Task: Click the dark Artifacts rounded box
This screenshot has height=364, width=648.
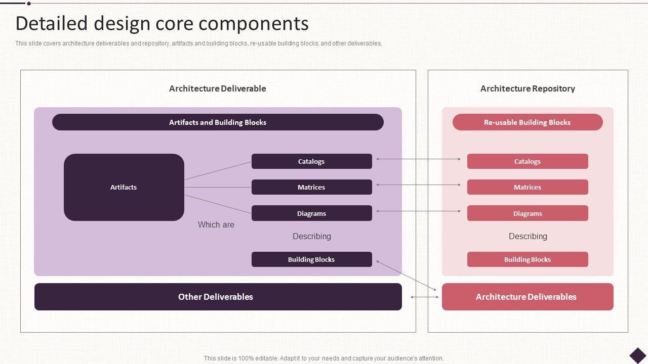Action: (x=124, y=187)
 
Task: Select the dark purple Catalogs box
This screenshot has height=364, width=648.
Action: (x=311, y=161)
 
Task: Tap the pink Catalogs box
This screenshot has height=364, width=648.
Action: (x=527, y=161)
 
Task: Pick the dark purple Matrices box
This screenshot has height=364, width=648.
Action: (x=311, y=187)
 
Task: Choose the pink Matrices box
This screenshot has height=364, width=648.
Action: (x=527, y=187)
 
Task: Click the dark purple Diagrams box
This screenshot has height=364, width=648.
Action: (x=311, y=213)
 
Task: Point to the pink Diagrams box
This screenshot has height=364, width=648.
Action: (x=527, y=213)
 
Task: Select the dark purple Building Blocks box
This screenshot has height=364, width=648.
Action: (x=311, y=259)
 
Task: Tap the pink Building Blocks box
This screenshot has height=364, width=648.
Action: (x=527, y=259)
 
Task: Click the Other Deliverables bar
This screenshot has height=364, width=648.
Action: (x=218, y=297)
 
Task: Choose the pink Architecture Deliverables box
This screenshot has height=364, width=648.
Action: (x=527, y=297)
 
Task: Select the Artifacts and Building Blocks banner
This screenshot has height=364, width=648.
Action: (x=218, y=122)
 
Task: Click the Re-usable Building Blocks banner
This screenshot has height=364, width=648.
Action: (x=527, y=122)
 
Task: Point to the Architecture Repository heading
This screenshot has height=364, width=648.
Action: (x=528, y=88)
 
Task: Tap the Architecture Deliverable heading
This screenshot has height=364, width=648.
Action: (x=218, y=88)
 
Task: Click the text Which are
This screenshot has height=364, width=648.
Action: (x=216, y=224)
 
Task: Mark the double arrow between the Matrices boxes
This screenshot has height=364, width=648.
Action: (x=419, y=185)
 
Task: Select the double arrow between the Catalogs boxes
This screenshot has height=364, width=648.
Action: (x=419, y=159)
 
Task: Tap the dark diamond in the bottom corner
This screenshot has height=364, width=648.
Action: (x=638, y=355)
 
